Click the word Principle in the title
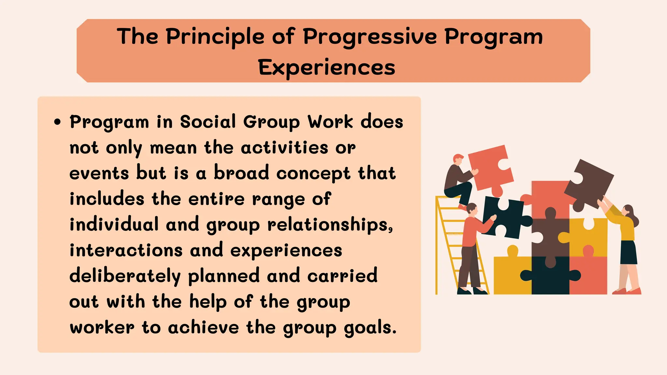[215, 36]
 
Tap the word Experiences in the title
[326, 68]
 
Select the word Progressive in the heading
[370, 36]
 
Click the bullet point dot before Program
[58, 122]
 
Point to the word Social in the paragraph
[208, 122]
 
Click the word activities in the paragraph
[284, 148]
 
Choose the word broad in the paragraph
[241, 173]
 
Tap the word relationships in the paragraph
[330, 225]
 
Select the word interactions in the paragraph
[126, 250]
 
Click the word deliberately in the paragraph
[125, 276]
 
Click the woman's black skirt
[629, 252]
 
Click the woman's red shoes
[627, 291]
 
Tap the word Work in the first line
[330, 122]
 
